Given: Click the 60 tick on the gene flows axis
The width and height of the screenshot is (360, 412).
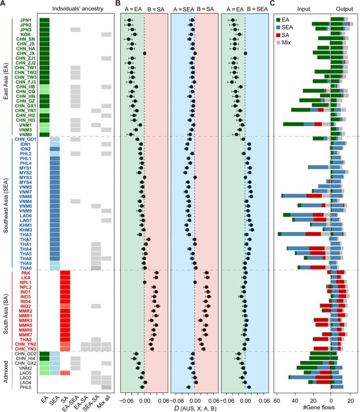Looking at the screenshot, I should [276, 395].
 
